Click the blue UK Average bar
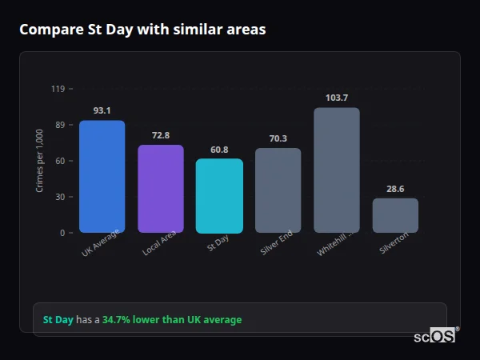click(x=102, y=177)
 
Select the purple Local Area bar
click(x=161, y=189)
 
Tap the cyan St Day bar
click(x=219, y=196)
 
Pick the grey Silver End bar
click(x=278, y=190)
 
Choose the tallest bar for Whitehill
click(x=337, y=170)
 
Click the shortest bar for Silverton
click(x=395, y=216)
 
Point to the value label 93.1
click(x=102, y=111)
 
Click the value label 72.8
click(x=161, y=135)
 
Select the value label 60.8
click(x=219, y=150)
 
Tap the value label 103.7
click(x=337, y=98)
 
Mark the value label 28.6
click(x=395, y=189)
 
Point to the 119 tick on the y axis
click(x=58, y=89)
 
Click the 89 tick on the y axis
click(x=59, y=125)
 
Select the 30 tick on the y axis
click(x=59, y=197)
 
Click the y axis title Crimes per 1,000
click(x=40, y=161)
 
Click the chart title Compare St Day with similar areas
click(x=142, y=30)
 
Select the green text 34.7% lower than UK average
click(x=172, y=320)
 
